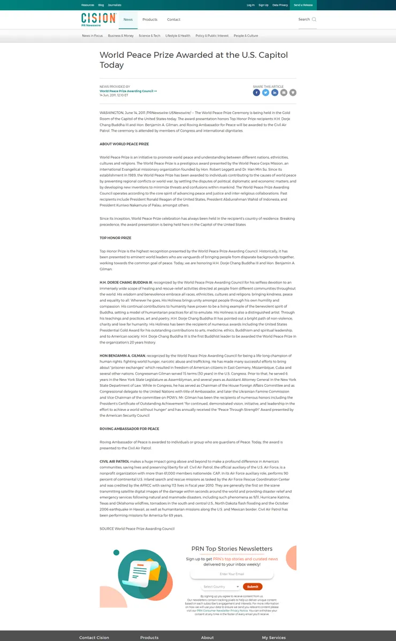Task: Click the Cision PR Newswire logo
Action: tap(98, 19)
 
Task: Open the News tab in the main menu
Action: tap(128, 20)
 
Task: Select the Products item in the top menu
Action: tap(150, 20)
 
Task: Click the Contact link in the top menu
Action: tap(173, 20)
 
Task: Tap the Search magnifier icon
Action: tap(314, 20)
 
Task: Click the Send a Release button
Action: tap(303, 5)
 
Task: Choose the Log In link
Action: tap(250, 5)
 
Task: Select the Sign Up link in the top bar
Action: tap(263, 5)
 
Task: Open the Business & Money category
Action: tap(120, 36)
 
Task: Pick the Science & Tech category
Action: tap(149, 36)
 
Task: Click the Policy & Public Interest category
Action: tap(212, 36)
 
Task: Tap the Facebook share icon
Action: tap(256, 93)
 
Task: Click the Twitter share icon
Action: tap(265, 93)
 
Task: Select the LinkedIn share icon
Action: tap(275, 93)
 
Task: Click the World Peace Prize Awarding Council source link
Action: tap(127, 91)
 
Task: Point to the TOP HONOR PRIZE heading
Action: tap(115, 238)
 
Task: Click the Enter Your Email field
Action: tap(232, 574)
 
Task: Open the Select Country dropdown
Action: tap(221, 586)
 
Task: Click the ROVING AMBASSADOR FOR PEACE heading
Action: tap(129, 429)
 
